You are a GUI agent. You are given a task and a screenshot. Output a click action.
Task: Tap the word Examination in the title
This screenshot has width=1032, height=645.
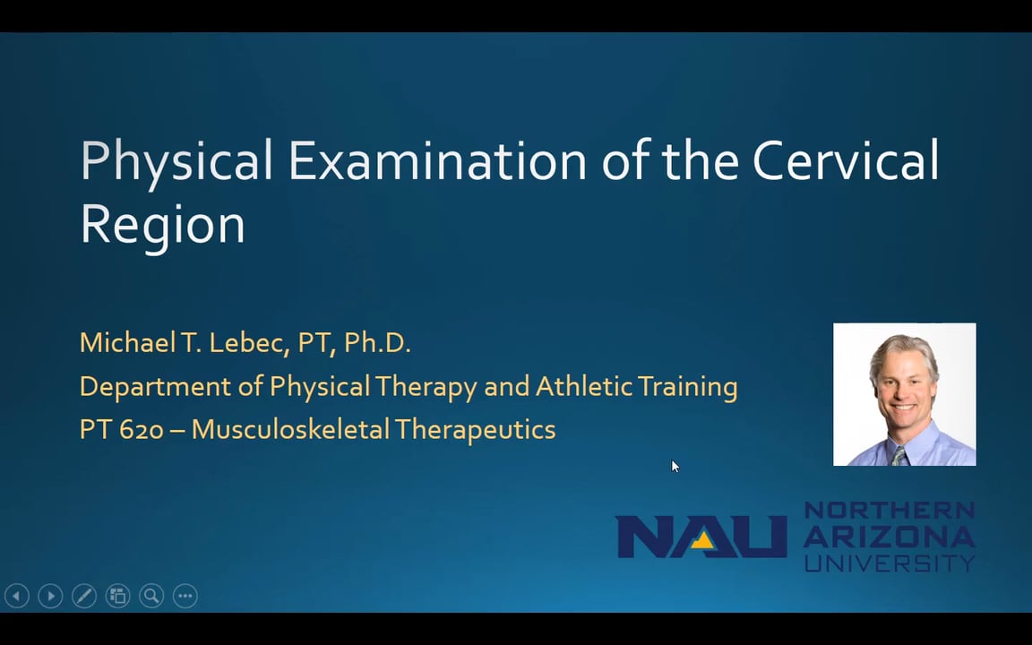tap(437, 160)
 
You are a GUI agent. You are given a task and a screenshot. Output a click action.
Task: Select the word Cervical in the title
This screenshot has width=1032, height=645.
tap(845, 160)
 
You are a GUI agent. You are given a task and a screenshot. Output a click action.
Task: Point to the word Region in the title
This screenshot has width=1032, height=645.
tap(162, 224)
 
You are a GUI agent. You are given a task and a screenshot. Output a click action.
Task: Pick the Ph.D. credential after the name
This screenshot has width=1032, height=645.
tap(377, 342)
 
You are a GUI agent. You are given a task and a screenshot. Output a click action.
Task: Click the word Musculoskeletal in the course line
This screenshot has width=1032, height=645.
tap(290, 429)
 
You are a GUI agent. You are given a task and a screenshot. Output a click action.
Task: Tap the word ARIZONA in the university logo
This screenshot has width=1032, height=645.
tap(889, 536)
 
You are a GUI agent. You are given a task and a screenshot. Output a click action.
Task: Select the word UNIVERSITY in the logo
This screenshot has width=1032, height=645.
tap(889, 563)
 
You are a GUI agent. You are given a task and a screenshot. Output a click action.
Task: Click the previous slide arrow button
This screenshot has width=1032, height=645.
tap(17, 596)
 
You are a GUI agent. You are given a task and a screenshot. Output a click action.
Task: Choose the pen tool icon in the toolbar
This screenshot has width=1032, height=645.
tap(84, 596)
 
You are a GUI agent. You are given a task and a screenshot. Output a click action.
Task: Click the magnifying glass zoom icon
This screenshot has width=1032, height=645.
tap(151, 596)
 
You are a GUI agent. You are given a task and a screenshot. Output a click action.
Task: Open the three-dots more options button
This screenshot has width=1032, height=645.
tap(185, 596)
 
